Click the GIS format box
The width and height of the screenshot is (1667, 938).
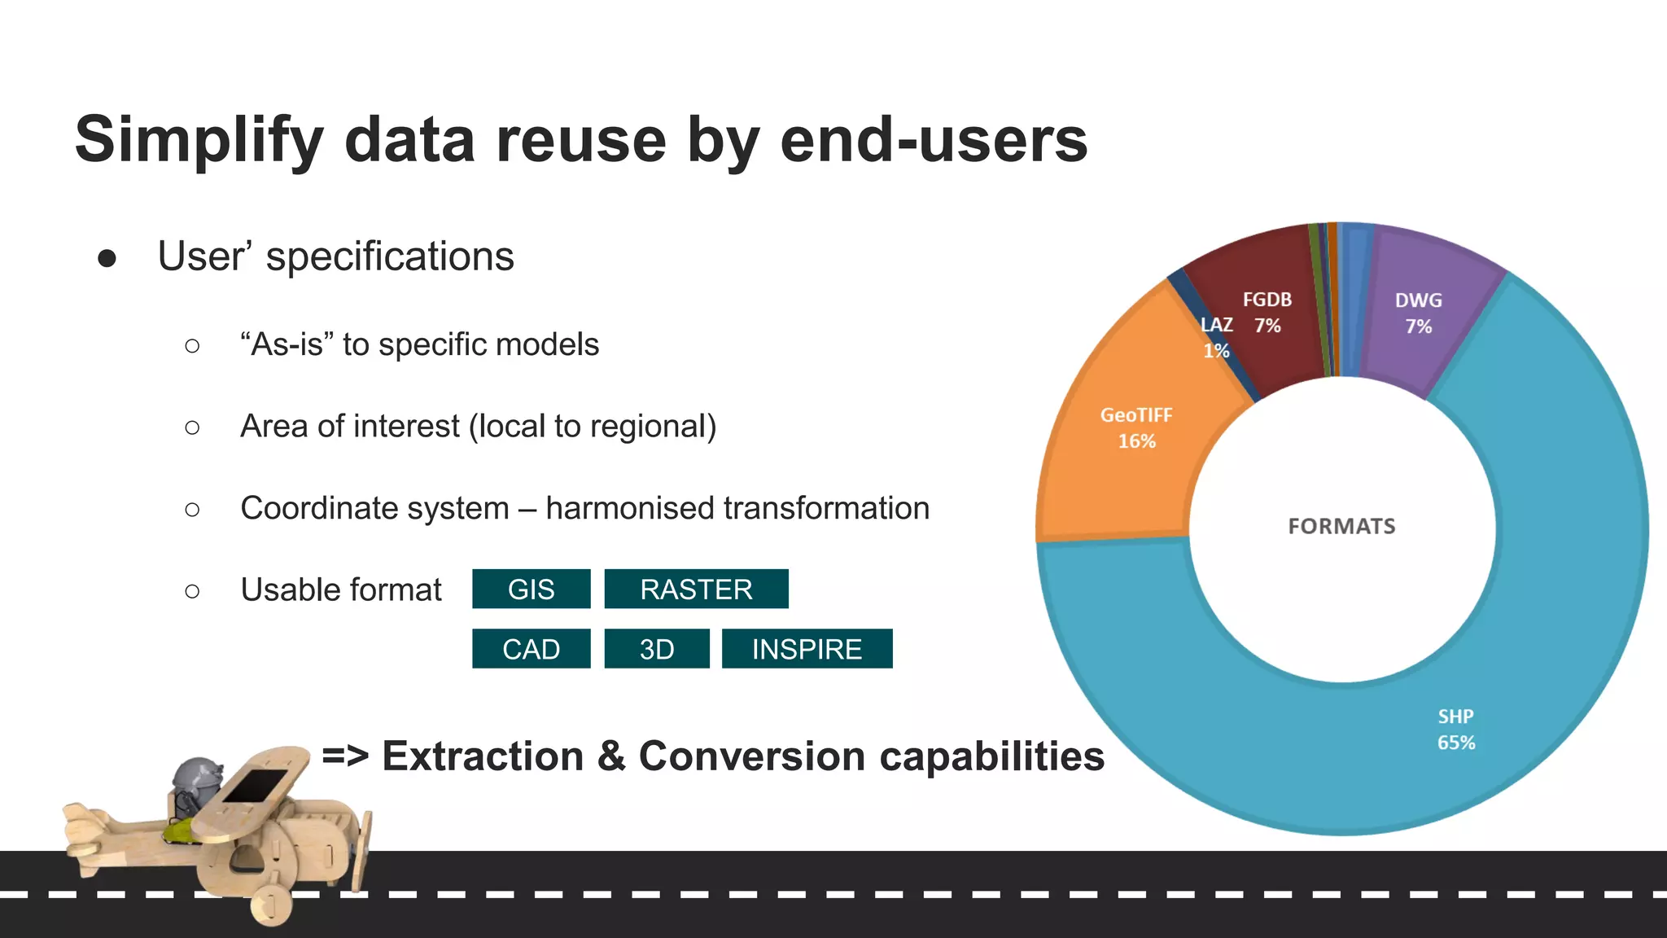click(531, 589)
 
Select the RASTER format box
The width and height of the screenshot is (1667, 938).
click(696, 589)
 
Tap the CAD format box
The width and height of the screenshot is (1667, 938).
click(531, 649)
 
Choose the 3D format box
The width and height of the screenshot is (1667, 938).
click(656, 649)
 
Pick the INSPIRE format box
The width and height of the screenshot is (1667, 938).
click(807, 649)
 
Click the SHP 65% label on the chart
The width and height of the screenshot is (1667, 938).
click(1455, 730)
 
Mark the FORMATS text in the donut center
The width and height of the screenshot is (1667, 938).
click(1341, 526)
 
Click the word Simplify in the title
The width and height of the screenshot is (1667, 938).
click(199, 140)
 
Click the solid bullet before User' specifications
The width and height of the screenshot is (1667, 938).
click(107, 258)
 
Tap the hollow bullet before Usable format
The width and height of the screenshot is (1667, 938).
click(192, 591)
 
